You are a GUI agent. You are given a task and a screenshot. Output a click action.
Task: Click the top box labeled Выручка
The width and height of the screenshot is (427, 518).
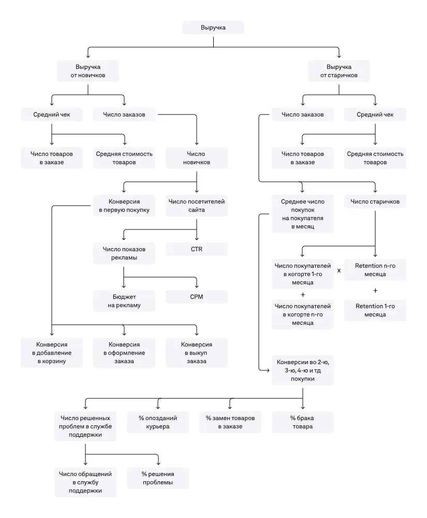(x=213, y=27)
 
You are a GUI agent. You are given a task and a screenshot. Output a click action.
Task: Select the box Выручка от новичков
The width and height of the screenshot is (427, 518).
(x=88, y=71)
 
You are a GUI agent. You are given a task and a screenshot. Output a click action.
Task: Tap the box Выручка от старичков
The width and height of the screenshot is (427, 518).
(x=339, y=71)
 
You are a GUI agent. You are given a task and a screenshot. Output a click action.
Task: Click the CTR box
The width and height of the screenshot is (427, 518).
(x=197, y=249)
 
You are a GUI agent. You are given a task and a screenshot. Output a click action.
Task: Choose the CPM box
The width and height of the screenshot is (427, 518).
(x=197, y=297)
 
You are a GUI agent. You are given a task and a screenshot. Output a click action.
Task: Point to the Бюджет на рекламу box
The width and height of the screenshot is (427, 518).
(x=124, y=301)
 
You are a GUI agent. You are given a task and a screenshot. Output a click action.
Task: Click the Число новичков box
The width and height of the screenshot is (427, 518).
(x=197, y=158)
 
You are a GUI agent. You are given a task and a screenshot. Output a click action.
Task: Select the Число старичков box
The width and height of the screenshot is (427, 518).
(x=375, y=202)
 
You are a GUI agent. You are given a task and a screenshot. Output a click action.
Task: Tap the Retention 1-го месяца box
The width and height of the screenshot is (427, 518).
(x=375, y=310)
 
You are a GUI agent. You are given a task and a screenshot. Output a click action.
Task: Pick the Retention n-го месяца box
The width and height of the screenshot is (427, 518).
(x=375, y=270)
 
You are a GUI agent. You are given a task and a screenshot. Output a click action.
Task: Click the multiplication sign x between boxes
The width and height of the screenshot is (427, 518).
(x=339, y=270)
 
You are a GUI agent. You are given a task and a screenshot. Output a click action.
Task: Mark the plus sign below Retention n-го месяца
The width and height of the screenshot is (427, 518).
(x=375, y=290)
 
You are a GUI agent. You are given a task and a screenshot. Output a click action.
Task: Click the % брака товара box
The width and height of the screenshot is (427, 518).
(x=303, y=422)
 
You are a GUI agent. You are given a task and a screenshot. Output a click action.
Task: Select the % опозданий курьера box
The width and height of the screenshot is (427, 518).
(x=158, y=422)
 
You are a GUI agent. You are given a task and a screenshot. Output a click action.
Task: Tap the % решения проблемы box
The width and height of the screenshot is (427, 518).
(x=158, y=478)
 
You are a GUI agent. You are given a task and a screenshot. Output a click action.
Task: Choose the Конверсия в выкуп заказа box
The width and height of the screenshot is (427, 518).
(x=197, y=353)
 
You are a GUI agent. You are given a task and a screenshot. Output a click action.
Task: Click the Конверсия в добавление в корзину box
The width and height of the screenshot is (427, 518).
(x=52, y=353)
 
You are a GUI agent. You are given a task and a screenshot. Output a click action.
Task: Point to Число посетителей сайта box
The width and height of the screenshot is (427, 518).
(x=197, y=206)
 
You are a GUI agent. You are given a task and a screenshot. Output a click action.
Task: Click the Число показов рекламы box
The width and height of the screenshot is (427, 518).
(x=124, y=253)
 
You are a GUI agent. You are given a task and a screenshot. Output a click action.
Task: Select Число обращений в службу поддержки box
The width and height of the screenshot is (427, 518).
(x=85, y=482)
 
